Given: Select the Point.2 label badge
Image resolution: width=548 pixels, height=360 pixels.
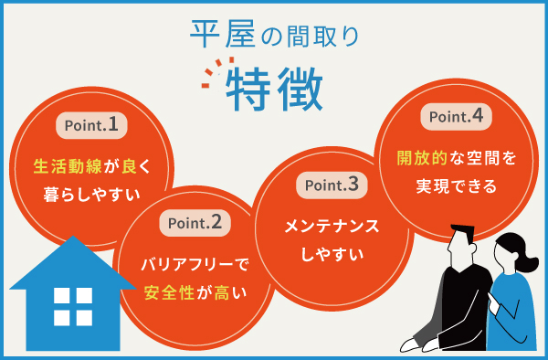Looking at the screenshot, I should click(195, 221).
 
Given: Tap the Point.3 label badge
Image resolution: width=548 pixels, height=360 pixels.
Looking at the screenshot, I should click(331, 184).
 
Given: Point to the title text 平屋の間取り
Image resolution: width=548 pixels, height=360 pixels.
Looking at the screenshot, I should click(274, 35).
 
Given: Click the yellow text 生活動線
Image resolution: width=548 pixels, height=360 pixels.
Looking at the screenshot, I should click(65, 167).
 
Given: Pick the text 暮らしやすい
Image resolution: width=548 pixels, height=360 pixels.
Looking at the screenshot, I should click(89, 194).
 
